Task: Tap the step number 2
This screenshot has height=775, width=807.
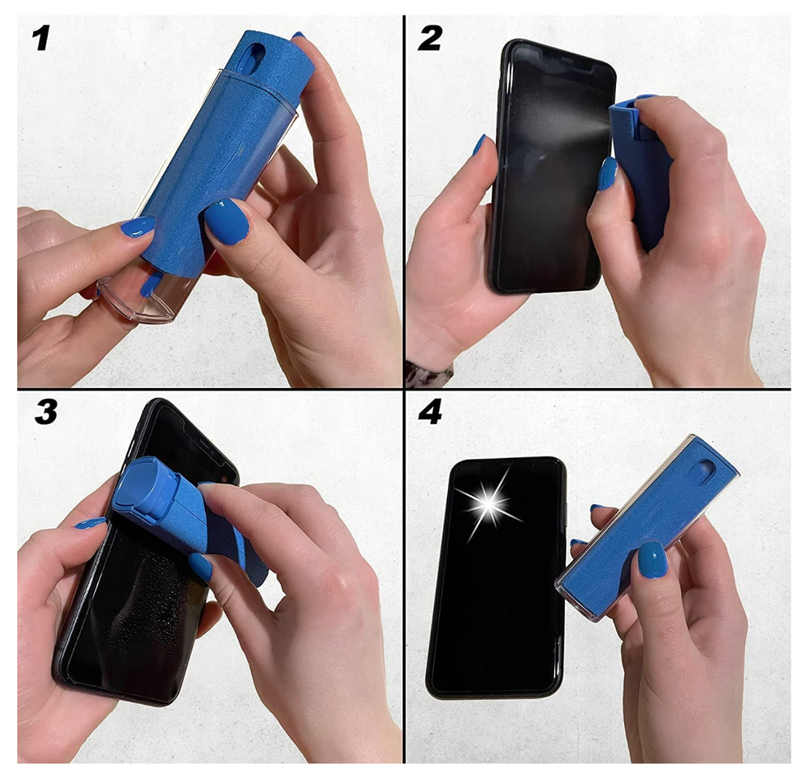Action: tap(431, 36)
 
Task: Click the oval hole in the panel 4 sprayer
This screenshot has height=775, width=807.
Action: tap(705, 471)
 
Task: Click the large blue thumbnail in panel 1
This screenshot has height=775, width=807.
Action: tap(226, 221)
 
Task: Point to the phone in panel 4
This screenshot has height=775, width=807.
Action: tap(494, 577)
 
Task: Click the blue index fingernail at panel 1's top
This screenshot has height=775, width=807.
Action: tap(298, 36)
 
